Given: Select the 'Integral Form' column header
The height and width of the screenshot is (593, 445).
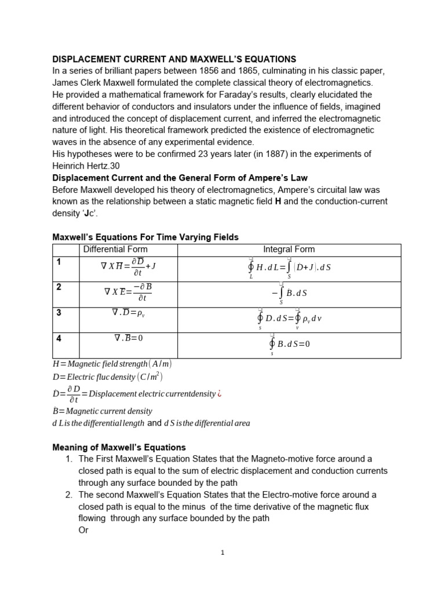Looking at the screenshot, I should (x=289, y=250).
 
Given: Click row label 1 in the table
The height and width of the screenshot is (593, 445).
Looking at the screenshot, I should (x=58, y=262).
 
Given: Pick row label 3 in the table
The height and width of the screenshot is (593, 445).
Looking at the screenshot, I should (x=58, y=313).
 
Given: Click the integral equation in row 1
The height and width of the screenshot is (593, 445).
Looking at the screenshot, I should (x=289, y=269).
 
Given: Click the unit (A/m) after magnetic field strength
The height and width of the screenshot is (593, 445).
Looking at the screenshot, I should (x=160, y=364).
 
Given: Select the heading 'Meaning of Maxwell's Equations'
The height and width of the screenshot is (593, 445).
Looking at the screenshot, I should (x=119, y=447).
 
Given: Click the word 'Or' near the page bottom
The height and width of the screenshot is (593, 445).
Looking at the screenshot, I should (x=83, y=530).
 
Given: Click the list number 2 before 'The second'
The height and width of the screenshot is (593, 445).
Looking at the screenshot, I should (x=69, y=495).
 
